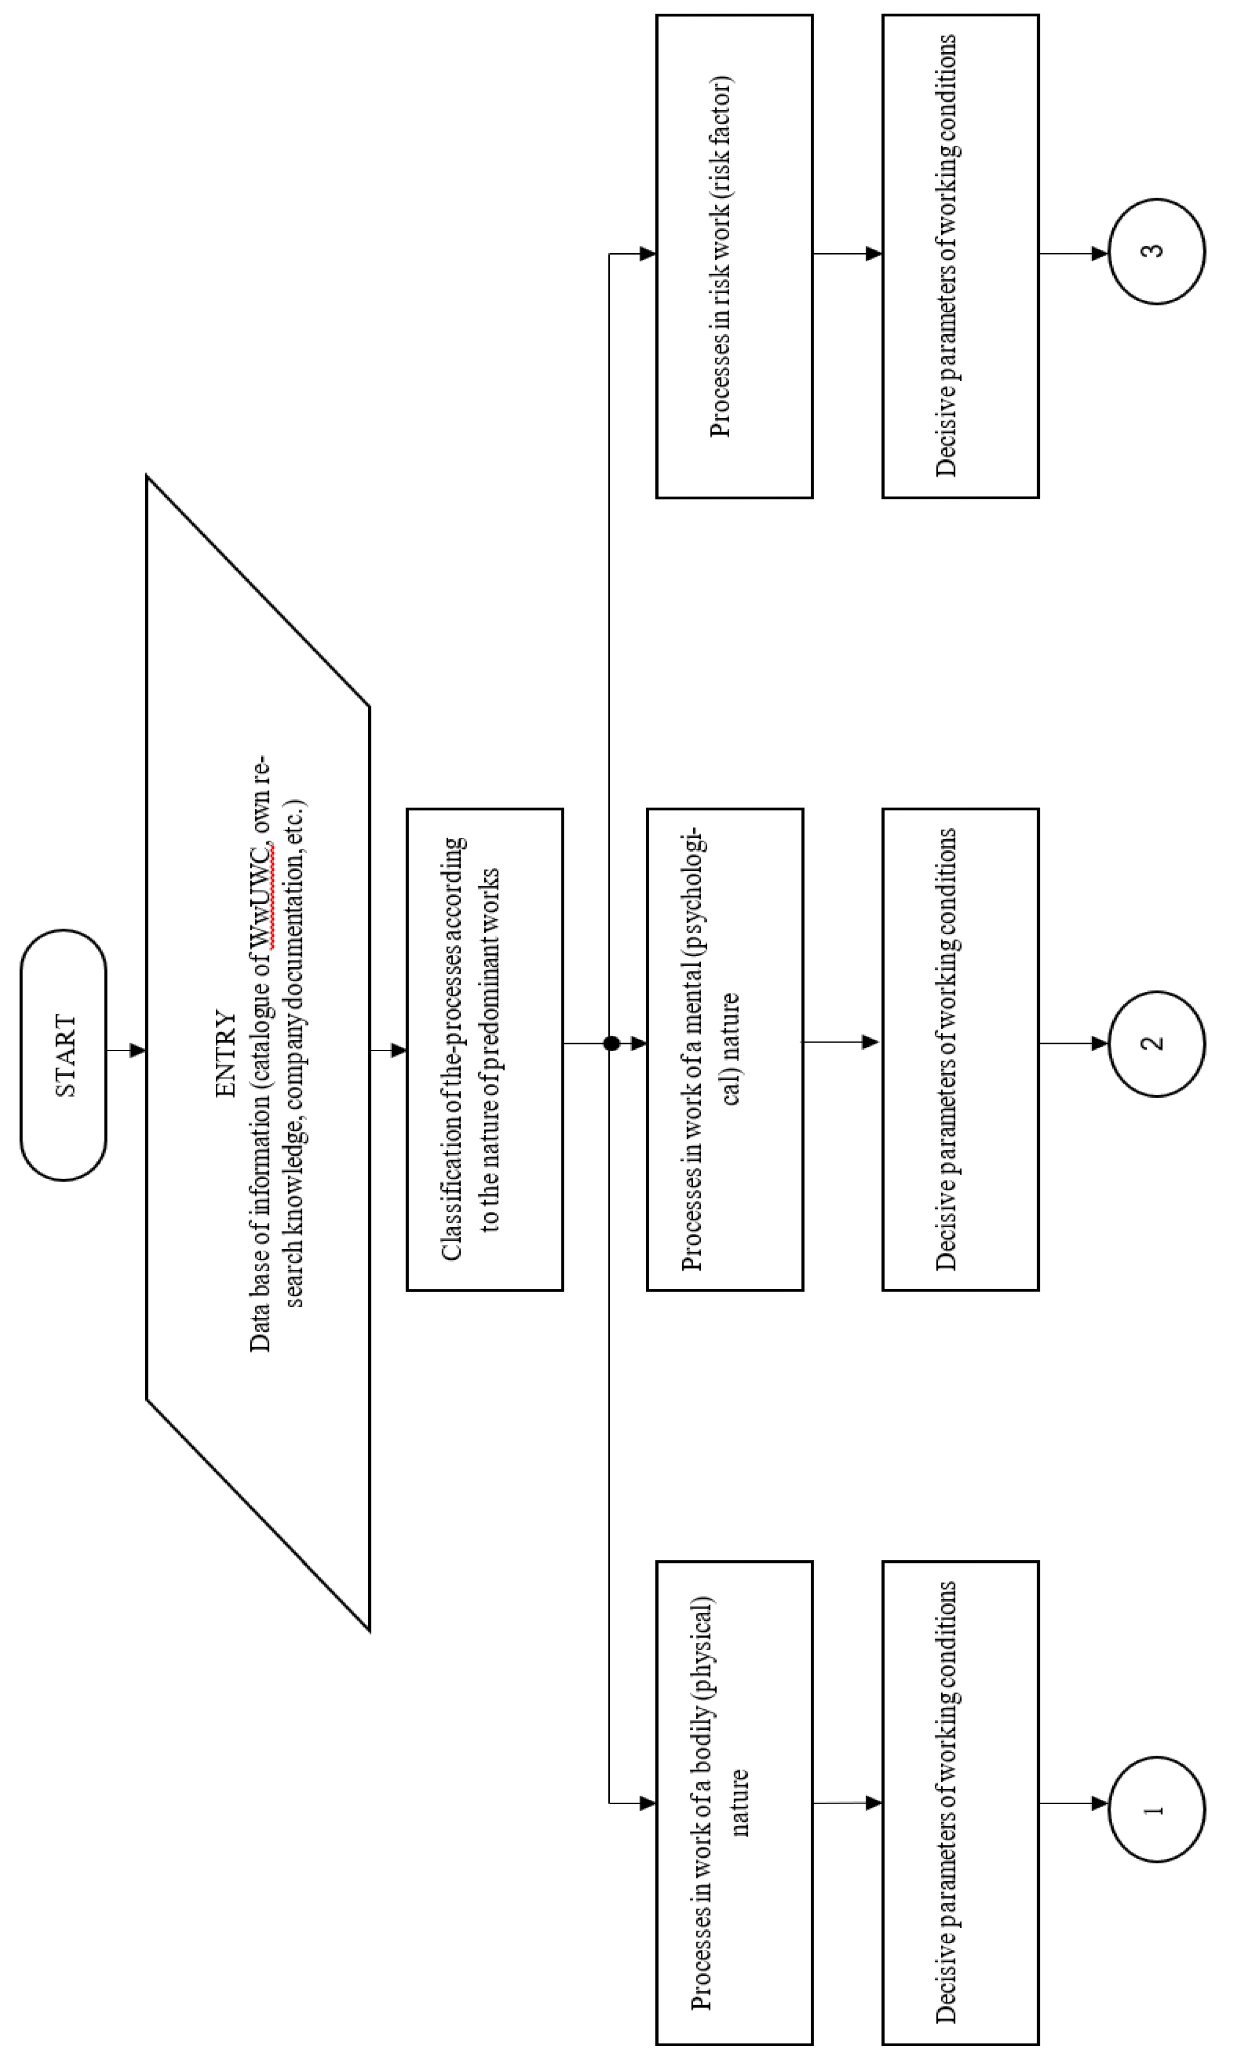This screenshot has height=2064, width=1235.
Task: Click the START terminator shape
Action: point(63,1055)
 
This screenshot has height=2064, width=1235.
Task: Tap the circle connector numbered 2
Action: point(1156,1044)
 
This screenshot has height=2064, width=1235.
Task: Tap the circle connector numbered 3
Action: point(1156,251)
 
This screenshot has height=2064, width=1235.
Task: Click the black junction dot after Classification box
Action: point(612,1043)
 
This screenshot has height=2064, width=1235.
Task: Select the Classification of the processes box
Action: point(484,1049)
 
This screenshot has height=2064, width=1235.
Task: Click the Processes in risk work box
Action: point(734,257)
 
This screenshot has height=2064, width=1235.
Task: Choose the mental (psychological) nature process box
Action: point(725,1049)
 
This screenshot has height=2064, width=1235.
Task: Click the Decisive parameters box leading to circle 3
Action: point(960,257)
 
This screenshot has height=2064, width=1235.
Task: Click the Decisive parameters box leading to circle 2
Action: point(960,1049)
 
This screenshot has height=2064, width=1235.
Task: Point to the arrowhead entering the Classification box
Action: point(398,1050)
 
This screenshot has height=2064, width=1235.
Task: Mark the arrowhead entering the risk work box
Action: point(647,254)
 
